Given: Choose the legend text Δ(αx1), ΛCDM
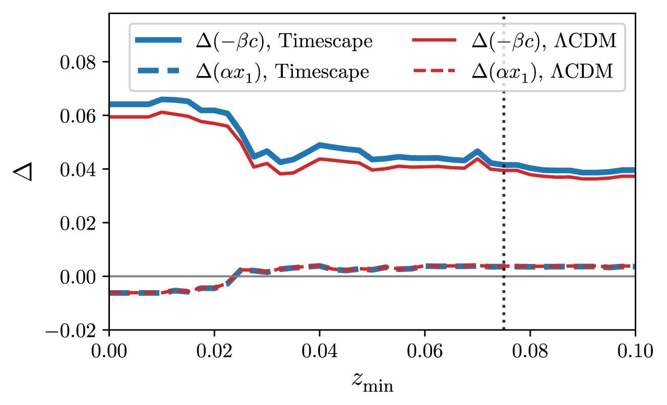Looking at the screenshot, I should [542, 72].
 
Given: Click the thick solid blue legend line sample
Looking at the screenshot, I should [158, 41].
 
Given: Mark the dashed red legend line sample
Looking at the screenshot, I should [435, 72].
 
